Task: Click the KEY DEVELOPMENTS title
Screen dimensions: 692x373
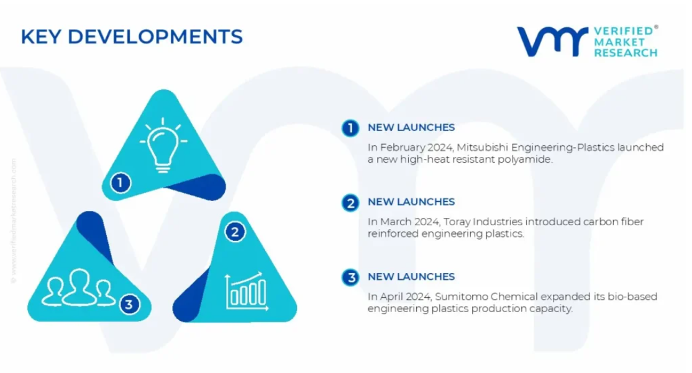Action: pos(132,37)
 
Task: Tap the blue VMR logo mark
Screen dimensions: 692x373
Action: pos(552,42)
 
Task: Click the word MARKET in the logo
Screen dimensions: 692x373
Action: pos(619,42)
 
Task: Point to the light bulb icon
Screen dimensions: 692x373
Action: pos(163,145)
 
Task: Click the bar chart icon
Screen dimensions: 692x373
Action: pos(247,291)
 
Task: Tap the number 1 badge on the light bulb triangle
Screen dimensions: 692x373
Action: pos(120,182)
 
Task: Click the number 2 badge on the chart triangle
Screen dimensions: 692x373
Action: pos(235,232)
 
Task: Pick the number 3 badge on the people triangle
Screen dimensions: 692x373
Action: pos(129,304)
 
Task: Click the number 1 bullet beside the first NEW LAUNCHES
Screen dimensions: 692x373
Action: pos(350,128)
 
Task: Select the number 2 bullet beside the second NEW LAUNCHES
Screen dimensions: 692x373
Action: pos(350,203)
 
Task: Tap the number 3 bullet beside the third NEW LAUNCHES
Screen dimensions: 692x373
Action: pos(350,277)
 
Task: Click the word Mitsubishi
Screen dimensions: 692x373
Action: pos(483,147)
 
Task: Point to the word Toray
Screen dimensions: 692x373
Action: pos(457,222)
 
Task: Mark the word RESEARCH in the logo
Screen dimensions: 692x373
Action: pos(626,53)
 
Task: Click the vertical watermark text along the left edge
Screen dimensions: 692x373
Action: pos(13,220)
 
